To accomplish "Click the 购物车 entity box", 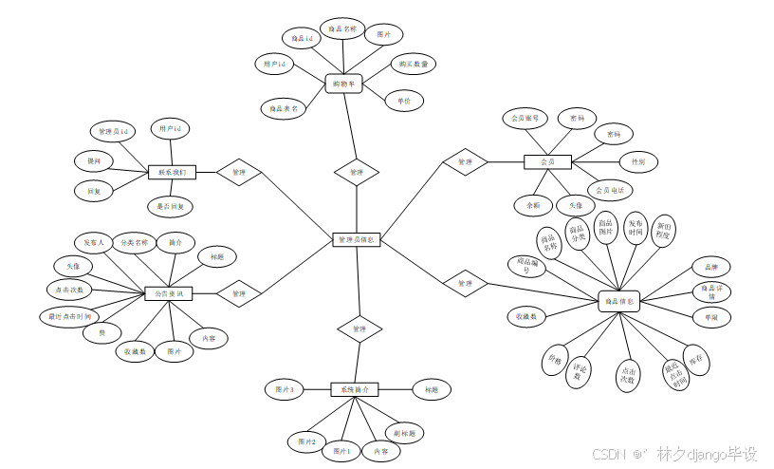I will (343, 84).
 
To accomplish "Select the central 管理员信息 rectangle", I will (357, 240).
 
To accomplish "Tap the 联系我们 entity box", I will (172, 173).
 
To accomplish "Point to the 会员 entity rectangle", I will (547, 162).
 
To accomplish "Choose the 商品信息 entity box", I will (619, 302).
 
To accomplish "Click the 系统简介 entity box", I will (355, 389).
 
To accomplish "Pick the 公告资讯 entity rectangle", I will (169, 294).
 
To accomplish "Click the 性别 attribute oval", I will (638, 162).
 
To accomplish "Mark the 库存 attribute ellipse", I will (697, 362).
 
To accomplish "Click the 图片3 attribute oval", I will (285, 390).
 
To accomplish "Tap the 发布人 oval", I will (94, 242).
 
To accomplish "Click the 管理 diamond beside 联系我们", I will (238, 173).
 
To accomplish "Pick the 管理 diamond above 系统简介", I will (359, 328).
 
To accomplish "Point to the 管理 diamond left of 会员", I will (465, 162).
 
